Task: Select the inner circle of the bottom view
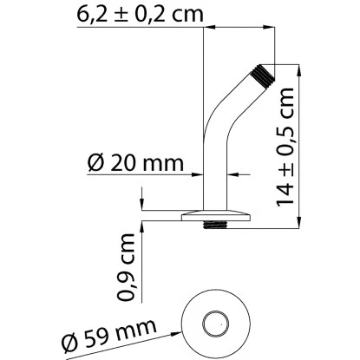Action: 213,327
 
